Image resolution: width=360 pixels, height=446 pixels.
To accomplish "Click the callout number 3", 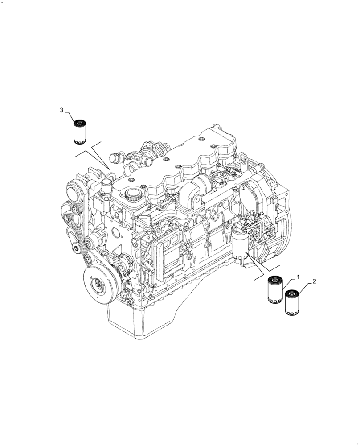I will tap(62, 110).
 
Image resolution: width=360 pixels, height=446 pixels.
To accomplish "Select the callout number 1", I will tap(298, 277).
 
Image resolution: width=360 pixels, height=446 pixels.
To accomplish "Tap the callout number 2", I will tap(314, 281).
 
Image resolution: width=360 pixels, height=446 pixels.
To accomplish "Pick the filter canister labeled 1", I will tap(275, 291).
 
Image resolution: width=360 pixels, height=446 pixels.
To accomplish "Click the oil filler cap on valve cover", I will tap(132, 194).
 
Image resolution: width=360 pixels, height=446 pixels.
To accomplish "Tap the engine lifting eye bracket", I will tap(244, 158).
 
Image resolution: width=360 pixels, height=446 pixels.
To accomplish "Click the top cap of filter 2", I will tap(292, 293).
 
